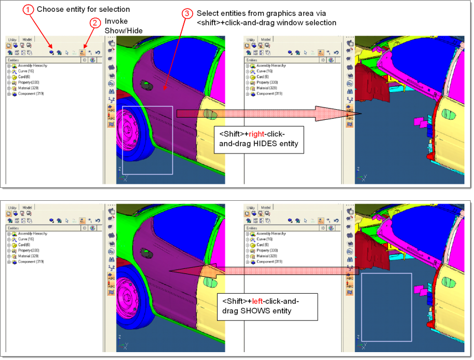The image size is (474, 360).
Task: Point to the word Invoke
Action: pyautogui.click(x=116, y=21)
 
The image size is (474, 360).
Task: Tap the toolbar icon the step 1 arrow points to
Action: pyautogui.click(x=52, y=51)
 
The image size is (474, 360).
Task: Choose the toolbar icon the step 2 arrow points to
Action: pyautogui.click(x=83, y=51)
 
